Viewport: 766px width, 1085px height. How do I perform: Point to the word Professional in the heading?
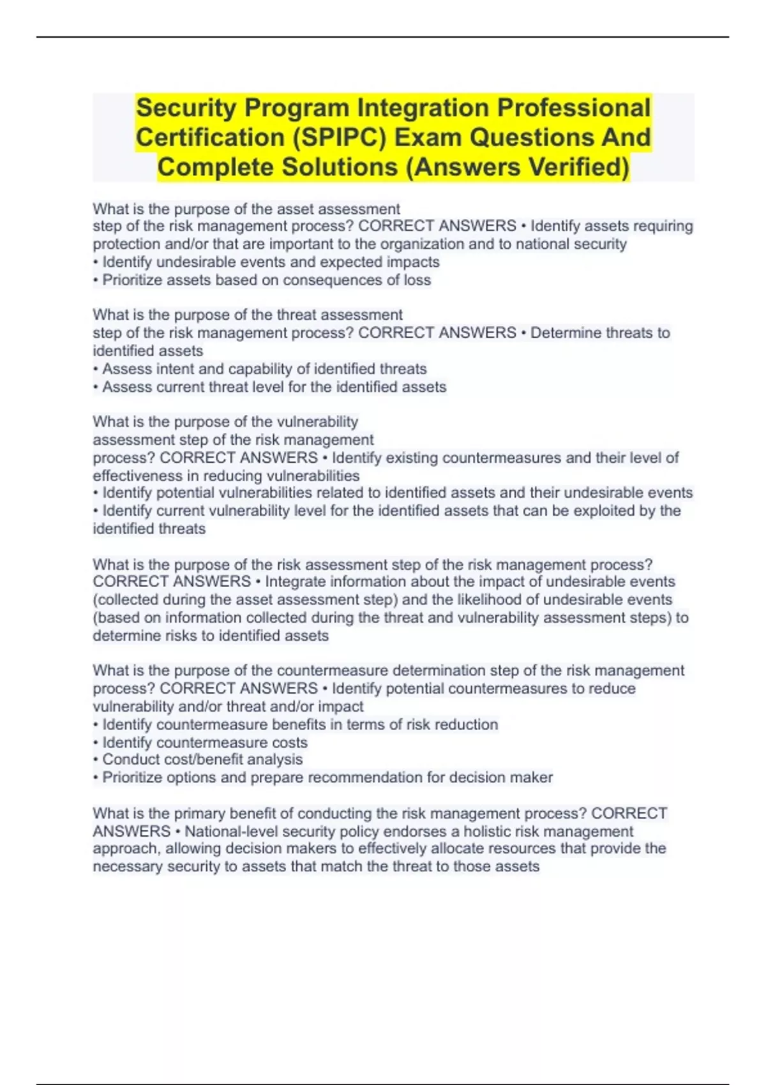[574, 108]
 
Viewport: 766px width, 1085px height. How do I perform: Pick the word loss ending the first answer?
[417, 280]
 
